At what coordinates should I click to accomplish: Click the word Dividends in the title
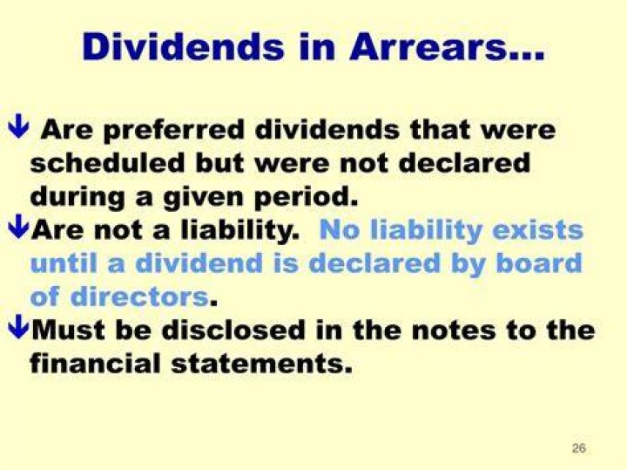tap(183, 47)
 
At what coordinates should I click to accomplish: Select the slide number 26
tap(578, 448)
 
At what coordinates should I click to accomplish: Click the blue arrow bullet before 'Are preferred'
tap(18, 126)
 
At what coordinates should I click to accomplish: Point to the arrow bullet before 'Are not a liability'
tap(18, 227)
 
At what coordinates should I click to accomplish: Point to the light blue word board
tap(539, 263)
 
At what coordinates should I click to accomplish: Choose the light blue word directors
tap(140, 296)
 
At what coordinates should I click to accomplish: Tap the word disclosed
tap(233, 330)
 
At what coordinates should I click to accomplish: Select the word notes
tap(454, 330)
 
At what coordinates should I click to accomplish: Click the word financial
tap(95, 363)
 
